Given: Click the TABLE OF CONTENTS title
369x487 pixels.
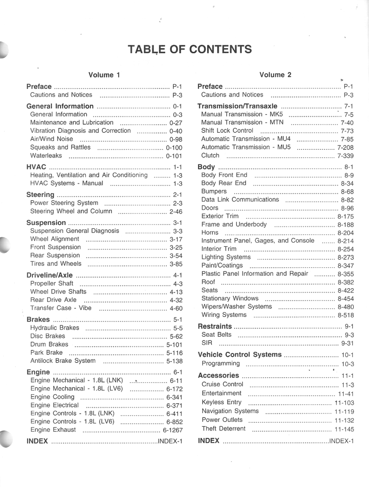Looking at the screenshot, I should coord(190,49).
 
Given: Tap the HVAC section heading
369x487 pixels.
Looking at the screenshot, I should coord(36,167).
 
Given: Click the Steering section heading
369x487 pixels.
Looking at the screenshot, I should coord(40,195).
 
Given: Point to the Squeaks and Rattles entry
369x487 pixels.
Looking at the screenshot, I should coord(60,147).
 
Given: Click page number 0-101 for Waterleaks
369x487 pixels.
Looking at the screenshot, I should coord(174,156).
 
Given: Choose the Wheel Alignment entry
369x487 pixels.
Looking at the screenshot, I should coord(55,239).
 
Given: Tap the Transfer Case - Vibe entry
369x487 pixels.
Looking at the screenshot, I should coord(60,308).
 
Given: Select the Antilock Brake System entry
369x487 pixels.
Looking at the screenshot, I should coord(63,361).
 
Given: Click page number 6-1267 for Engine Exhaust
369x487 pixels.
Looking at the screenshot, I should coord(172,430).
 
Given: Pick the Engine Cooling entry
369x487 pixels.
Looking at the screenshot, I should coord(52,397).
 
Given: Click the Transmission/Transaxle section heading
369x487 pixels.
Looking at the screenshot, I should coord(237,106).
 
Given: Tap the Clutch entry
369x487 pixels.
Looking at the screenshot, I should coord(210,156).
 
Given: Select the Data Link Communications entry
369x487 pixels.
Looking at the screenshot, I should coord(240,200).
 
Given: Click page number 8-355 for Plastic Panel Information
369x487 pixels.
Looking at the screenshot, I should coord(345,274).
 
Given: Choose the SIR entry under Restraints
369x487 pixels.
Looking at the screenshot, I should coord(207,343).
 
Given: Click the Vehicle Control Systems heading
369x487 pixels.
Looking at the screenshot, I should coord(239,355).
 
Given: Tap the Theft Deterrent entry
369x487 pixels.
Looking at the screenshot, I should coord(223,429).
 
